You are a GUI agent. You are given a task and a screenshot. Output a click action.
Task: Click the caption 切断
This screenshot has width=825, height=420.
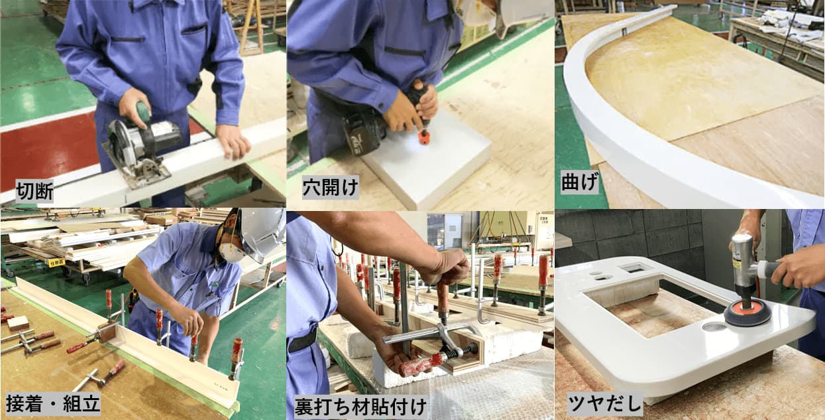click(x=34, y=191)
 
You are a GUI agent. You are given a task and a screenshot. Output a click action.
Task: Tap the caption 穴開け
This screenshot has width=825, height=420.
click(x=331, y=187)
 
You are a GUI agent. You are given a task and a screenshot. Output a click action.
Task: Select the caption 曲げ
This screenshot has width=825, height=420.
click(x=580, y=182)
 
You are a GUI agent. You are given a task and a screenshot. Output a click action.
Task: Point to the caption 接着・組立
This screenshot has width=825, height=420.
click(x=53, y=403)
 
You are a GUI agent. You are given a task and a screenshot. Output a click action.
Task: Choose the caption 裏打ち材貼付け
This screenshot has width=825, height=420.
click(x=360, y=407)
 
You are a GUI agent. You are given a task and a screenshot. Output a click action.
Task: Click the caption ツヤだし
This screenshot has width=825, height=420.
click(x=605, y=403)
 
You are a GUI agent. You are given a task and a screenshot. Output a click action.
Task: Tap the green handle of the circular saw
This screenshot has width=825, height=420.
click(x=143, y=111)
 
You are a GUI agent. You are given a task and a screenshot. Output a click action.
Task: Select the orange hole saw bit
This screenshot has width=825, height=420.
click(x=424, y=137)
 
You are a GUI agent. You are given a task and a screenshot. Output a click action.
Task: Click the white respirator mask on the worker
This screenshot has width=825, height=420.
click(x=231, y=253)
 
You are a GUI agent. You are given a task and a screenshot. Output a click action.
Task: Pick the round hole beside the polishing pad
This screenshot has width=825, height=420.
click(x=714, y=326)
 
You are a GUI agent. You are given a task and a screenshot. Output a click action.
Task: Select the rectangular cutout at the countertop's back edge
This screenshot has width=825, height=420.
click(x=635, y=267)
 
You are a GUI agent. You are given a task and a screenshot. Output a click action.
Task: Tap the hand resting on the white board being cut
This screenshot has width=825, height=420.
click(x=233, y=141)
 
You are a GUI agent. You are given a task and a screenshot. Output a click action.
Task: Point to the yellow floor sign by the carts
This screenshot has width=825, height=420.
click(x=57, y=263)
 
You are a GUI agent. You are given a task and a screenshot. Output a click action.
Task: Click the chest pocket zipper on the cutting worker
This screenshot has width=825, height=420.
click(x=128, y=39)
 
